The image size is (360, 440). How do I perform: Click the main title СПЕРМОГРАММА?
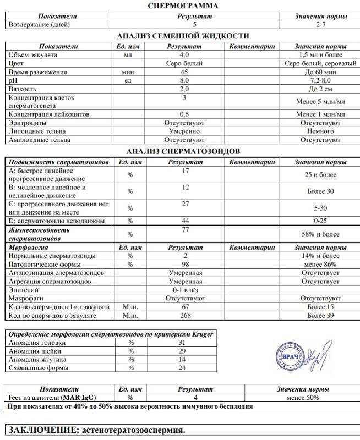click(184, 5)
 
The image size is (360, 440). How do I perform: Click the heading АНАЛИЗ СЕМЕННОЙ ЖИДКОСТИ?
click(184, 36)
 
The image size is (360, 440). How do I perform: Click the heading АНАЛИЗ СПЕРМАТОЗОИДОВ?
click(184, 151)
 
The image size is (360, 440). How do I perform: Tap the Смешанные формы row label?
click(36, 368)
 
